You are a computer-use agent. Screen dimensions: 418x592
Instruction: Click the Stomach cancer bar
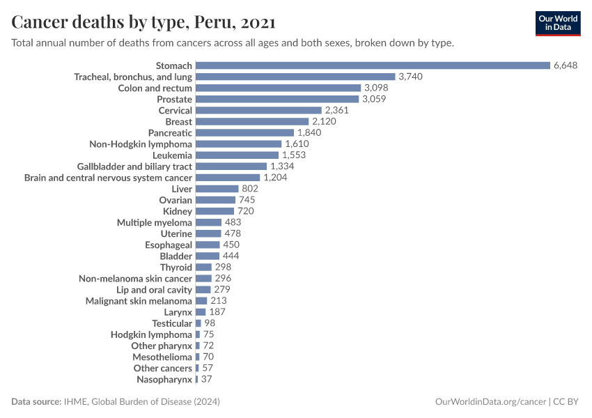pos(373,65)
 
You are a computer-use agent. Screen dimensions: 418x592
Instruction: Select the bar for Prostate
pos(277,99)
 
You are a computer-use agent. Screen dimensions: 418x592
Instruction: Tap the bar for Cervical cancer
pos(258,110)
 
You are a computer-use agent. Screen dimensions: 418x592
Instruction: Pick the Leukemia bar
pos(237,155)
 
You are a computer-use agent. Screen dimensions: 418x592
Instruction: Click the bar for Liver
pos(217,189)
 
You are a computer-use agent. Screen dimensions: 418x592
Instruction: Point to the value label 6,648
pos(566,65)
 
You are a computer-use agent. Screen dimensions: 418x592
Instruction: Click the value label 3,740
pos(411,77)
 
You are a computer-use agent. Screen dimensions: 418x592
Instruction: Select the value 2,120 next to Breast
pos(324,121)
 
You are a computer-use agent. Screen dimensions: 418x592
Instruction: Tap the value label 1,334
pos(282,167)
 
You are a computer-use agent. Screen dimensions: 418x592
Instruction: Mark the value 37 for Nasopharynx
pos(206,379)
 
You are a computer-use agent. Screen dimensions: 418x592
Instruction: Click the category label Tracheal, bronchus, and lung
pos(133,77)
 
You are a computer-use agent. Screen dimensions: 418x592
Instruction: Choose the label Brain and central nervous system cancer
pos(108,178)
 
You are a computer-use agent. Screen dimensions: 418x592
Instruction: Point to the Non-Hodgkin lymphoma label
pos(141,144)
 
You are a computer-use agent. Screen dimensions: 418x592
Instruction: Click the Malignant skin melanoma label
pos(139,301)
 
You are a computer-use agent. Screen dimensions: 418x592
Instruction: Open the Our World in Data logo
pos(557,23)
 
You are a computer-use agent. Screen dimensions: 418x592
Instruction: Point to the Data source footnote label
pos(36,402)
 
